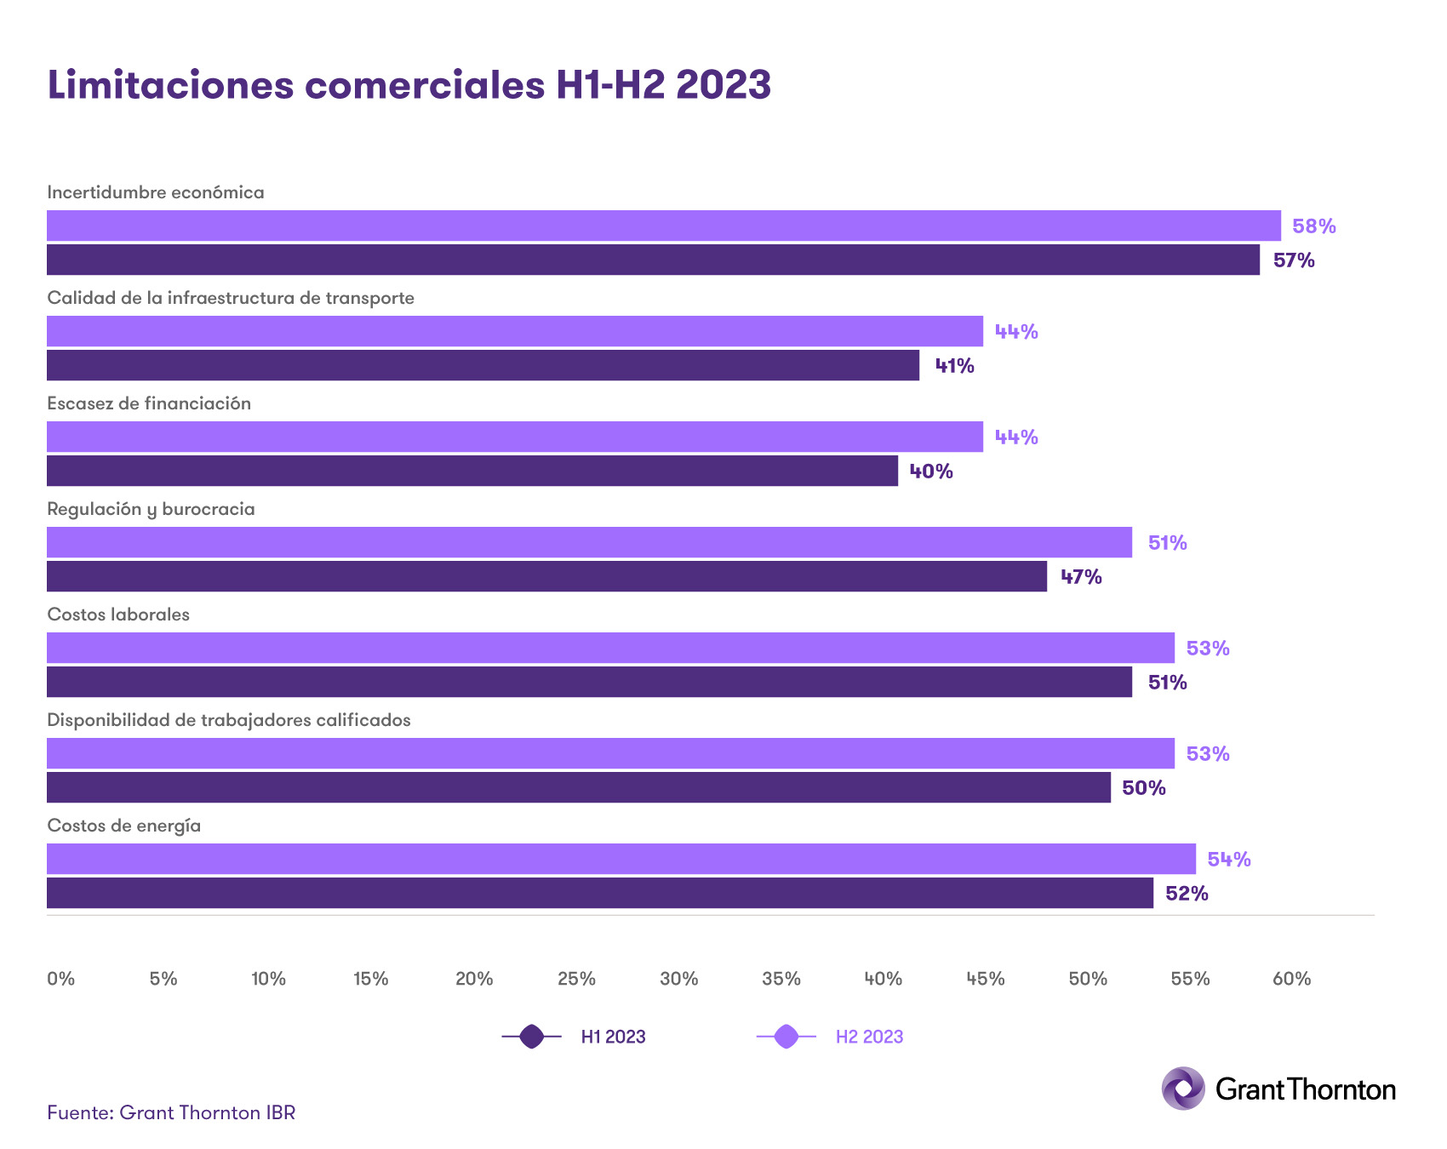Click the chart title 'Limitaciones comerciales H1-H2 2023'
[x=409, y=85]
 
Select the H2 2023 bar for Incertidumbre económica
[x=663, y=226]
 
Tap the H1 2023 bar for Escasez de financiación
[x=472, y=471]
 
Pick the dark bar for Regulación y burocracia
[x=546, y=576]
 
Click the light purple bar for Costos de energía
[x=621, y=859]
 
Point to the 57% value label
[x=1294, y=260]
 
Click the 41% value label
[x=954, y=366]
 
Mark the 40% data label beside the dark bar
[x=931, y=472]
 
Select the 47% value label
[x=1081, y=577]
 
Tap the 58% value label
[x=1313, y=226]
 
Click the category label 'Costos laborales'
[x=118, y=615]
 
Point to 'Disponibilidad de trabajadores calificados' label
[x=228, y=720]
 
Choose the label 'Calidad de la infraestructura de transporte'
[x=231, y=298]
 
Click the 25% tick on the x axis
[x=576, y=979]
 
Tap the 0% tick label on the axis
[x=61, y=979]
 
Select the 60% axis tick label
[x=1291, y=979]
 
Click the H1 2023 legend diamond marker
[x=532, y=1037]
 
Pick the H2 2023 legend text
[x=869, y=1037]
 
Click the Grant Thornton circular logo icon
[x=1183, y=1089]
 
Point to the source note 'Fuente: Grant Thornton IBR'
[x=171, y=1113]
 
